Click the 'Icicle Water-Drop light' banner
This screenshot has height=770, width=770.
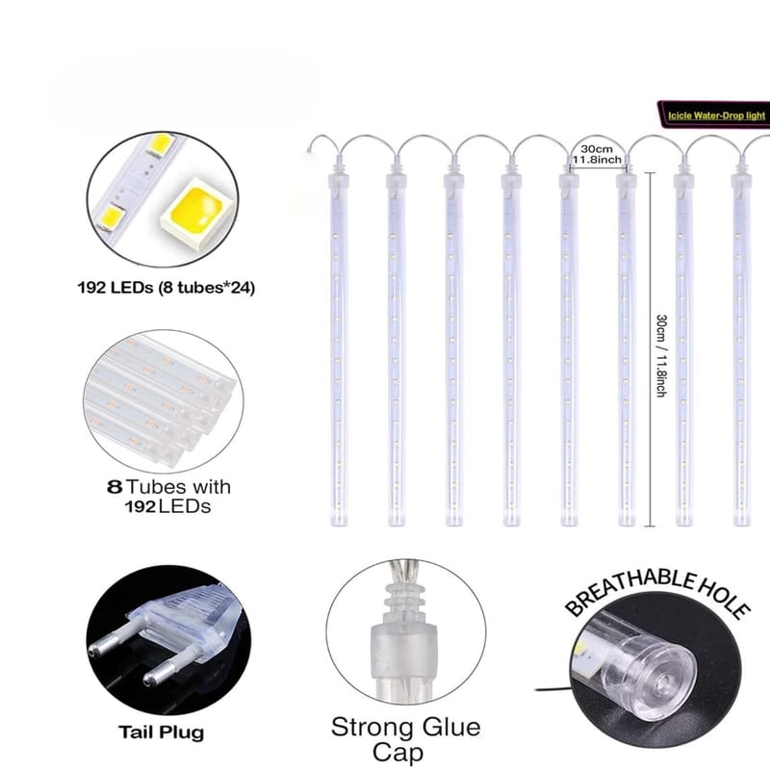coord(714,115)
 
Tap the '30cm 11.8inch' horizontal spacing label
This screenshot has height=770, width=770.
coord(597,154)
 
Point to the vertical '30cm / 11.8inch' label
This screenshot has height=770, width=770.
coord(661,355)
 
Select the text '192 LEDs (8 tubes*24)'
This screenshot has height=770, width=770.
coord(166,287)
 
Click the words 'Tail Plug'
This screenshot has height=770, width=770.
coord(161,732)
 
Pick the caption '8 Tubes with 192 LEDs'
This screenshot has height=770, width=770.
coord(168,497)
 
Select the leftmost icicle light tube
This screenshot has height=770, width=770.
coord(339,344)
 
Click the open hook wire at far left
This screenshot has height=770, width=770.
coord(321,142)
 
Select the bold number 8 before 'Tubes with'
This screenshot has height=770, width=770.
coord(114,487)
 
